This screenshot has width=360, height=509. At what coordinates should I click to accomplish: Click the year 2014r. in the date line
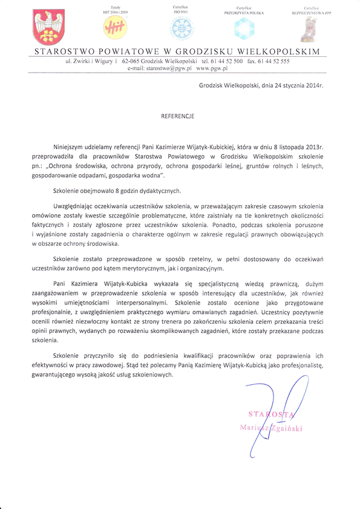pyautogui.click(x=312, y=86)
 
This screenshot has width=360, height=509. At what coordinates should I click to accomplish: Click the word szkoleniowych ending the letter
pyautogui.click(x=152, y=375)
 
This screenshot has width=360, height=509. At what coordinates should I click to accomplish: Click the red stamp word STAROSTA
pyautogui.click(x=270, y=415)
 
